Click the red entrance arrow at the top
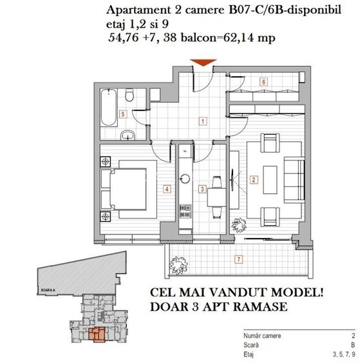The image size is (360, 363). (x=203, y=62)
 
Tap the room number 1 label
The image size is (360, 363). (x=203, y=121)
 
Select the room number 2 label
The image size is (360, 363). (x=254, y=180)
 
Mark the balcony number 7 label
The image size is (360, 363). (x=239, y=260)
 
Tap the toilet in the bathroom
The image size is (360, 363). (x=130, y=97)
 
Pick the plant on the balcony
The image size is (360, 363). (x=176, y=263)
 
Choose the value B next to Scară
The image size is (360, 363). (x=352, y=345)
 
